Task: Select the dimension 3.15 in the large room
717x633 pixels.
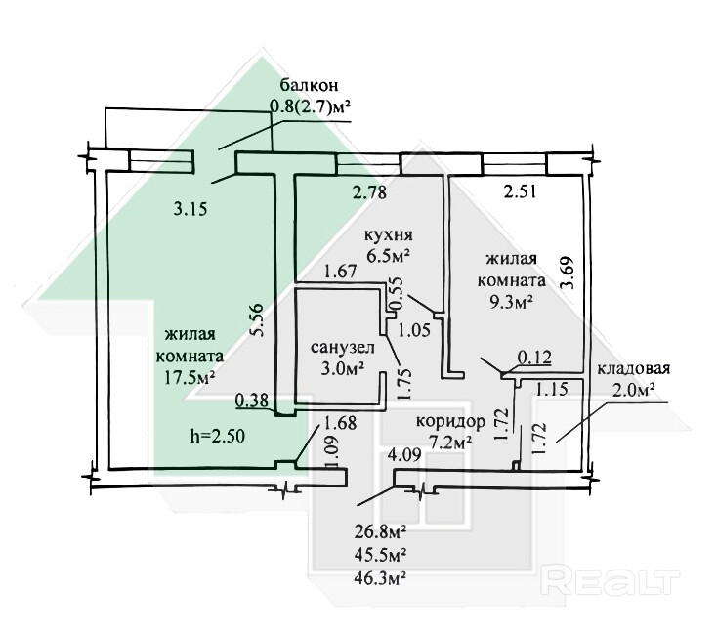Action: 190,206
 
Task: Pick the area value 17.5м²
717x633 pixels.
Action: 191,376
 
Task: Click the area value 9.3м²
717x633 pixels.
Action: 511,302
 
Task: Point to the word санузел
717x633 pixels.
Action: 338,348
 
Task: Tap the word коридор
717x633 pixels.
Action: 450,421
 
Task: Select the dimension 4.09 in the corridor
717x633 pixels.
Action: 405,454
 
